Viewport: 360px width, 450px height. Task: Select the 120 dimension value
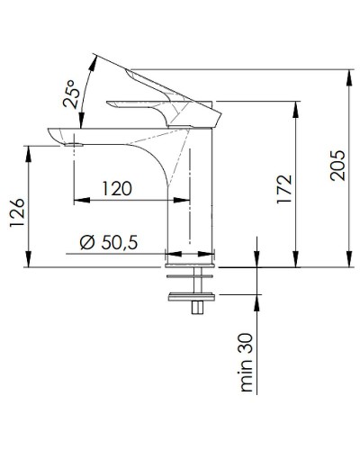click(x=117, y=189)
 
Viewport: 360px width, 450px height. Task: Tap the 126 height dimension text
click(x=16, y=217)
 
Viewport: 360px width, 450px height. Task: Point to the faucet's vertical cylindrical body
click(x=191, y=198)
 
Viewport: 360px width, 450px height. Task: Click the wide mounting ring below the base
click(x=192, y=293)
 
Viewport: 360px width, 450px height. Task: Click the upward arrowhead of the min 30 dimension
click(x=256, y=299)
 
